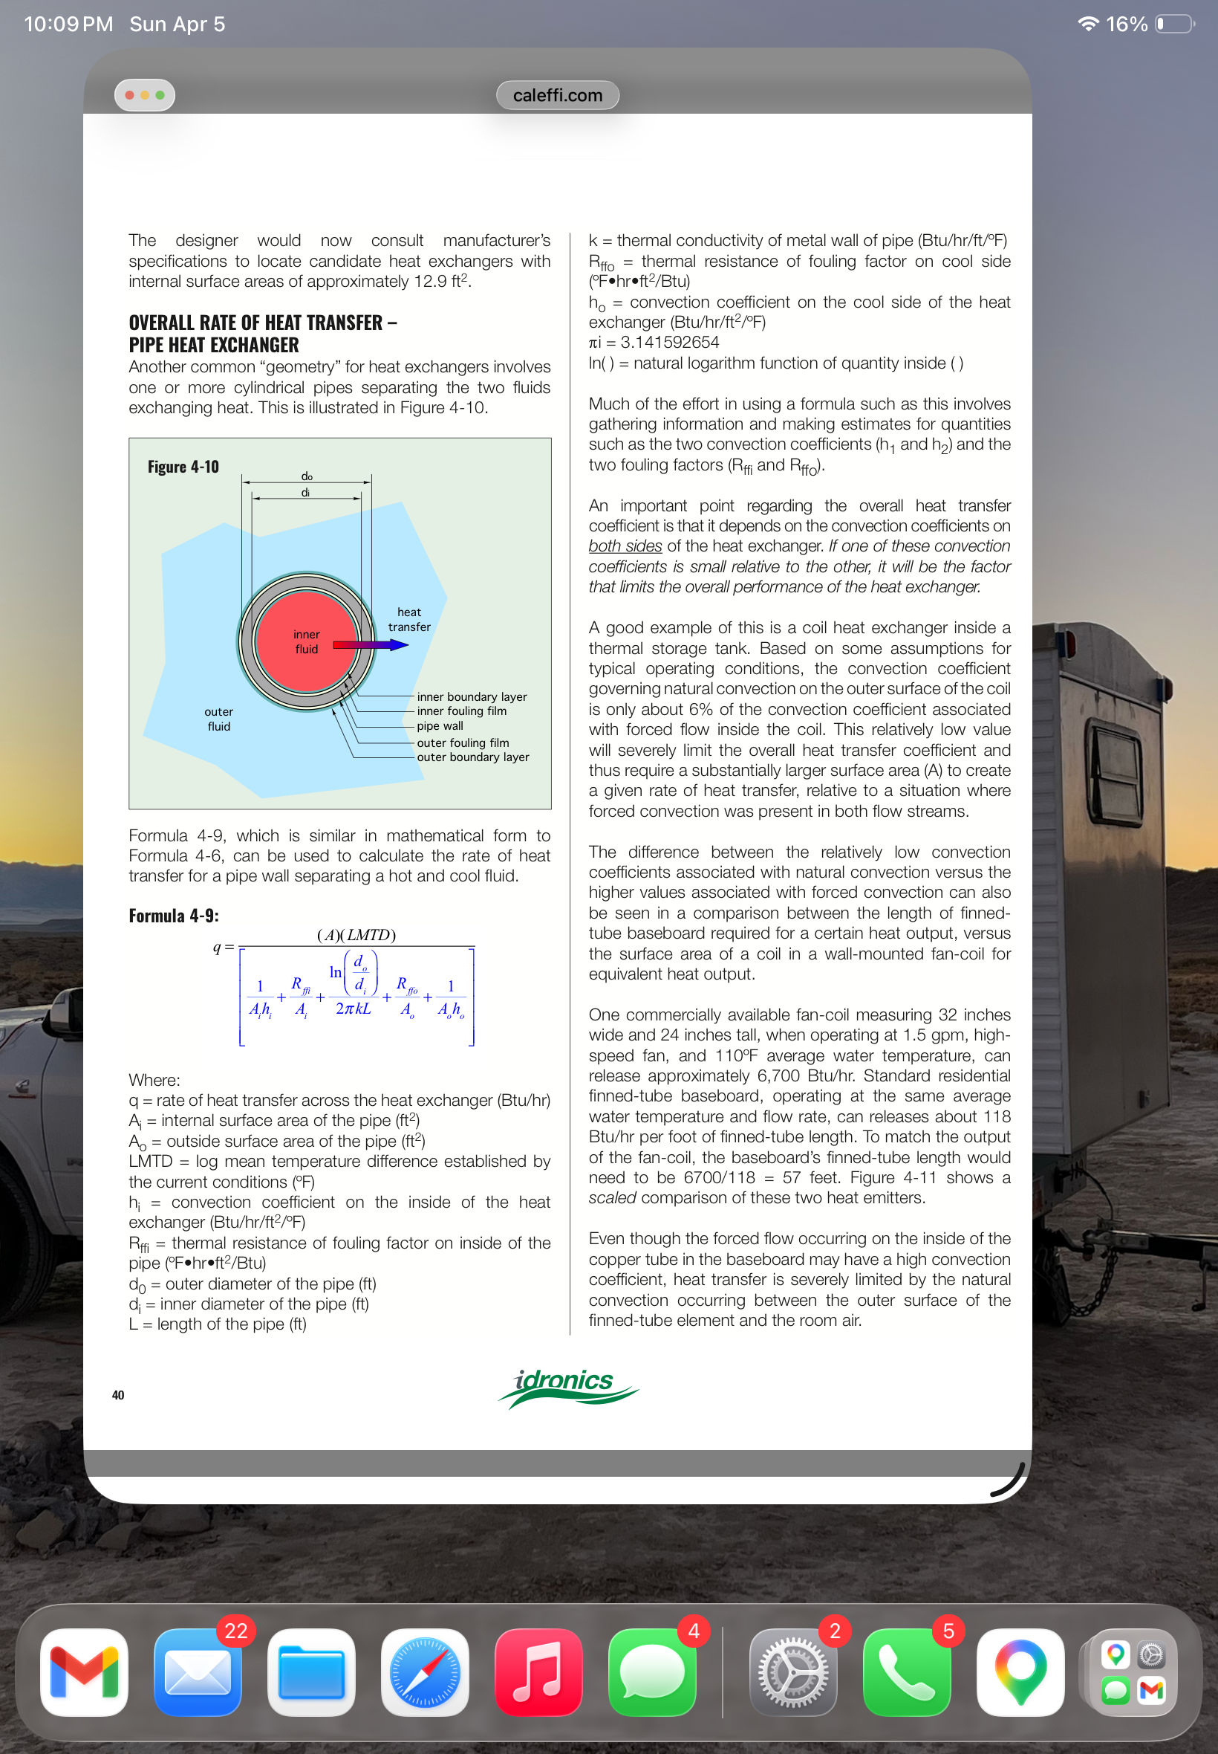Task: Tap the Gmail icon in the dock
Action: (84, 1672)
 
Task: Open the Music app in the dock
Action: (538, 1672)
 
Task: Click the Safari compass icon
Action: (424, 1672)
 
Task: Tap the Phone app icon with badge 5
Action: (906, 1672)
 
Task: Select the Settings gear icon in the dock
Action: (792, 1672)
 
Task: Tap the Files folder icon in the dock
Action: (310, 1672)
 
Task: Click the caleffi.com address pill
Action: (557, 95)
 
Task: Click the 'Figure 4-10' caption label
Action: (183, 467)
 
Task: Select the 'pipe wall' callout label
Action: (440, 726)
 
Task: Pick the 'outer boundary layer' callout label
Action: (472, 757)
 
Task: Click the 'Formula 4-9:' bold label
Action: (173, 916)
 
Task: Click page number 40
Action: (118, 1395)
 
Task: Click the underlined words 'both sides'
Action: (625, 546)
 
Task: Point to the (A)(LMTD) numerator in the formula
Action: (356, 935)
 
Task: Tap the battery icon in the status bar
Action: (1174, 25)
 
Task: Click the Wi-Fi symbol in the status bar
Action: (1087, 25)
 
